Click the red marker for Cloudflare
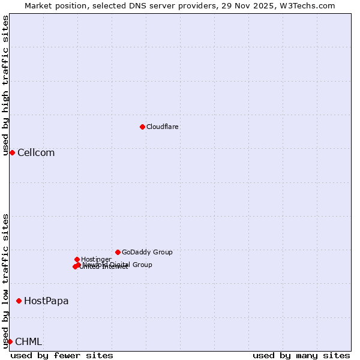[x=142, y=127]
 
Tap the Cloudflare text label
[x=162, y=127]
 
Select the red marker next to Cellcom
[x=12, y=152]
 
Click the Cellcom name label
[x=36, y=152]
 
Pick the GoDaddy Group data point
[x=118, y=252]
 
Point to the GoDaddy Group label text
[x=147, y=252]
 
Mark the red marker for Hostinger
[x=77, y=259]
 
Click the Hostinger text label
[x=96, y=259]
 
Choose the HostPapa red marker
[x=19, y=301]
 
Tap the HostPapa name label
[x=46, y=301]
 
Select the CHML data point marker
[x=10, y=341]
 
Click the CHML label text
[x=28, y=341]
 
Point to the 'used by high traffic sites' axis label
[x=5, y=85]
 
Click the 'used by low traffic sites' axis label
[x=5, y=281]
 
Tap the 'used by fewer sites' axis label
[x=62, y=355]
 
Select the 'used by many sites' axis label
[x=301, y=355]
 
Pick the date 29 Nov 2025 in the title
[x=255, y=5]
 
